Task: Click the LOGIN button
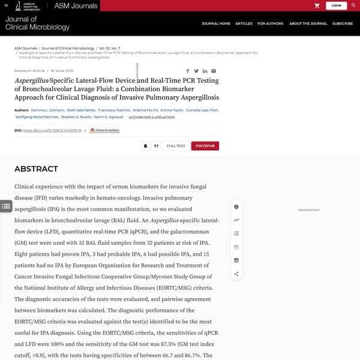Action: (336, 5)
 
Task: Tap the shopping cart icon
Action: (317, 5)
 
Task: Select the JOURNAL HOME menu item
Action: (216, 23)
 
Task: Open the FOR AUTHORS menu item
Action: (270, 23)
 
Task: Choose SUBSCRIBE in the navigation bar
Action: (343, 23)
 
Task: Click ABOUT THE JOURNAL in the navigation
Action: (308, 23)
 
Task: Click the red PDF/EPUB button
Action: (205, 146)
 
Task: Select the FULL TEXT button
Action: (176, 146)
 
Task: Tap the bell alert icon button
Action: (145, 146)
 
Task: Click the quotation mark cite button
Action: (156, 146)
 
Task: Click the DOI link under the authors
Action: (52, 130)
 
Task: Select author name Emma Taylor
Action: (172, 110)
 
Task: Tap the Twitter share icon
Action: (196, 71)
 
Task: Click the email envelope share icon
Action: (214, 71)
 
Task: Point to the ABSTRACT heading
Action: (36, 169)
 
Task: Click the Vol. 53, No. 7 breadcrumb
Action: (110, 48)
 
